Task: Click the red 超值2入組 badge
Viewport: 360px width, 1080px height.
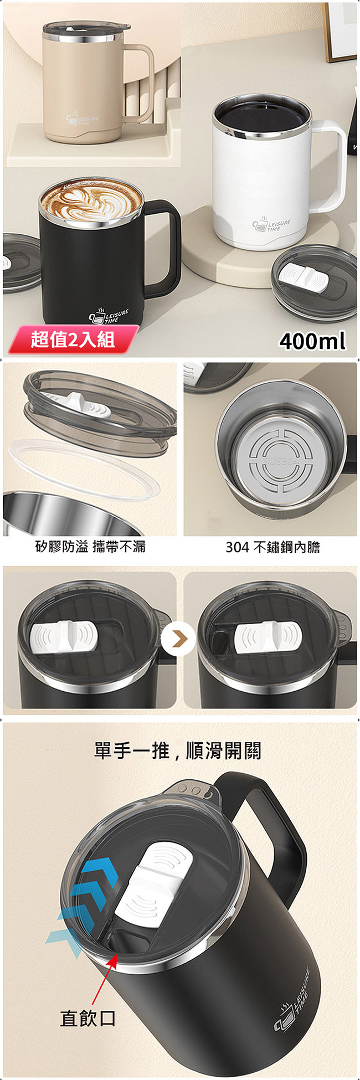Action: point(73,339)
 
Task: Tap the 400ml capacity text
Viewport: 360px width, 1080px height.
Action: point(312,341)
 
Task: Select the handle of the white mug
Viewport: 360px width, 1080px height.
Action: point(334,166)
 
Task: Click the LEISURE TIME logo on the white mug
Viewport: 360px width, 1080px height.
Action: point(271,225)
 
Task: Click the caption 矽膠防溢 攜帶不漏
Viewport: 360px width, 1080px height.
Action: point(90,547)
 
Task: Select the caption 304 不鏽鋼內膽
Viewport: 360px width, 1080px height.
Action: point(272,547)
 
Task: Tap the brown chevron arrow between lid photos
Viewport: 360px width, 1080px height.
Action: point(179,638)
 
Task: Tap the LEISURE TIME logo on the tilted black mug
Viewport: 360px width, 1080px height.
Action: point(292,996)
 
